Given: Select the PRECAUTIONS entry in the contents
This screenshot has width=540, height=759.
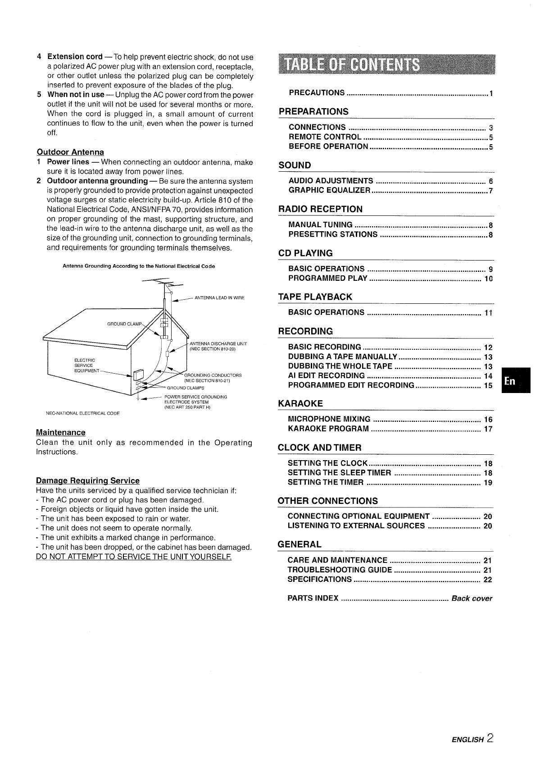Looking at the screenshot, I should click(317, 93).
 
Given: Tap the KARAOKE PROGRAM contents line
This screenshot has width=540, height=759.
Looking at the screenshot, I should click(328, 429).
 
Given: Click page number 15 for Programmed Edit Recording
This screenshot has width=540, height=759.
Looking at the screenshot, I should click(488, 385).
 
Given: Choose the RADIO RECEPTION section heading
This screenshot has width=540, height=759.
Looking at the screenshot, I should click(320, 209).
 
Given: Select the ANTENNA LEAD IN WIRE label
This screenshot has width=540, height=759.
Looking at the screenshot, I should click(219, 298).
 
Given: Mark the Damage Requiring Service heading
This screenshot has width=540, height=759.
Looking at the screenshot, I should click(87, 481).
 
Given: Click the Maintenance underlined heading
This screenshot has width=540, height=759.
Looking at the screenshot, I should click(60, 433).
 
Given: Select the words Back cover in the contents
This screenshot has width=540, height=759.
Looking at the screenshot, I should click(472, 599).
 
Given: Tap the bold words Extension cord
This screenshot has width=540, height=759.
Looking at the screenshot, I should click(75, 57).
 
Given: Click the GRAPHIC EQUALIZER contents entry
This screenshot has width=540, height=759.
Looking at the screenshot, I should click(329, 191).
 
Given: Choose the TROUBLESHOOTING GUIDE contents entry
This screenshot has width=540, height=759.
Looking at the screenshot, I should click(340, 570).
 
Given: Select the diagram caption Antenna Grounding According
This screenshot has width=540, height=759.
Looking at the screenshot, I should click(139, 266).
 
